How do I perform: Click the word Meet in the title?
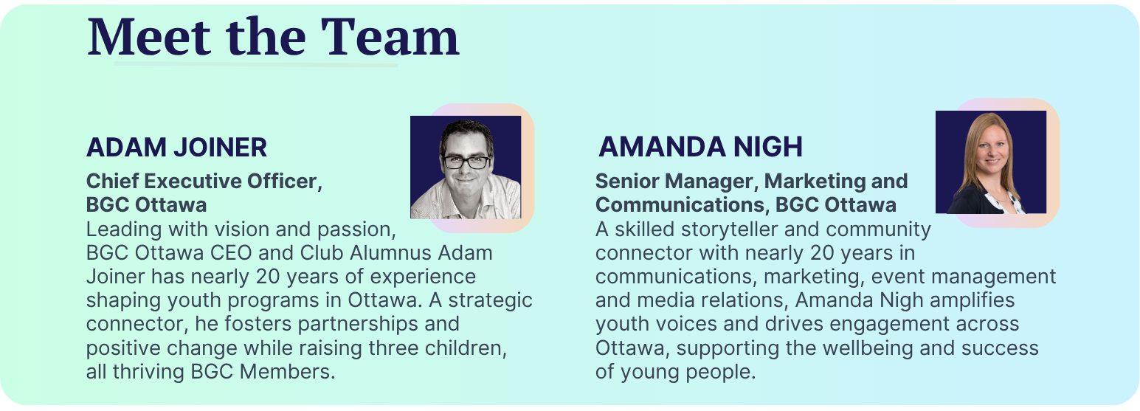148,37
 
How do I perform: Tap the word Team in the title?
390,37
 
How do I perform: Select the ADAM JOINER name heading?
176,148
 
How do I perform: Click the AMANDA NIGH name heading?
700,147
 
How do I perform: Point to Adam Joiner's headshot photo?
466,167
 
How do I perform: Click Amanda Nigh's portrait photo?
991,162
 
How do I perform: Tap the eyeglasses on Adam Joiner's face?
466,162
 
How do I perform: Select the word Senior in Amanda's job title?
627,181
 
